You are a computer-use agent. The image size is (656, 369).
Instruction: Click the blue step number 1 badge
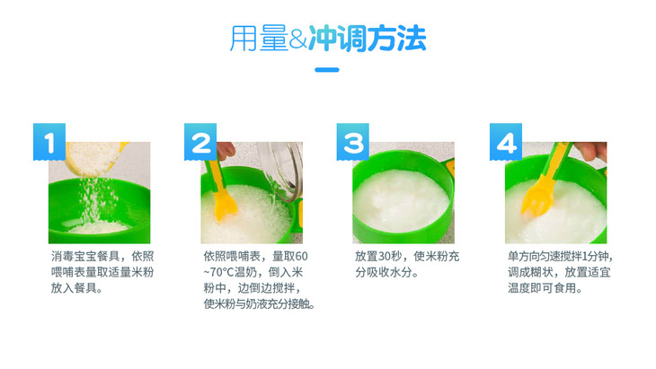pyautogui.click(x=49, y=142)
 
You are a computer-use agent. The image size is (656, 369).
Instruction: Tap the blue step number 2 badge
pyautogui.click(x=200, y=142)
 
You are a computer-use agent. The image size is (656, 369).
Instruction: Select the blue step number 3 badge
pyautogui.click(x=352, y=142)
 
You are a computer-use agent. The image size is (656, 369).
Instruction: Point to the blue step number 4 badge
pyautogui.click(x=506, y=142)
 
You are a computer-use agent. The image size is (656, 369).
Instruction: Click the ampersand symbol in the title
pyautogui.click(x=297, y=39)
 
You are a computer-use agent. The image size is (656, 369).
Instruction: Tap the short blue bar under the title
pyautogui.click(x=327, y=70)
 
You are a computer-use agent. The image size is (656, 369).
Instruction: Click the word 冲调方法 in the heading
pyautogui.click(x=368, y=39)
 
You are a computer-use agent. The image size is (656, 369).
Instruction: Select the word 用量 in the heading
pyautogui.click(x=259, y=39)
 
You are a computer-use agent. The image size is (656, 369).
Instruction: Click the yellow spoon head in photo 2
pyautogui.click(x=225, y=205)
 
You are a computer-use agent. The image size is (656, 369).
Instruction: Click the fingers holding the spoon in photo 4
pyautogui.click(x=590, y=151)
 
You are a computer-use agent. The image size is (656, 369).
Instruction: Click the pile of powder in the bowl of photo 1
pyautogui.click(x=99, y=227)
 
